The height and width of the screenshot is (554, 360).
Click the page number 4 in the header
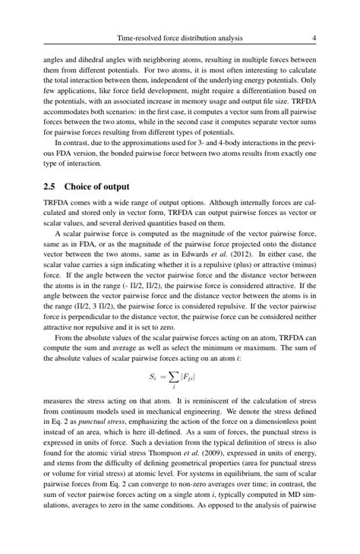[314, 36]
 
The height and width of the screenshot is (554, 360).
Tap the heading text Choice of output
[97, 185]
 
